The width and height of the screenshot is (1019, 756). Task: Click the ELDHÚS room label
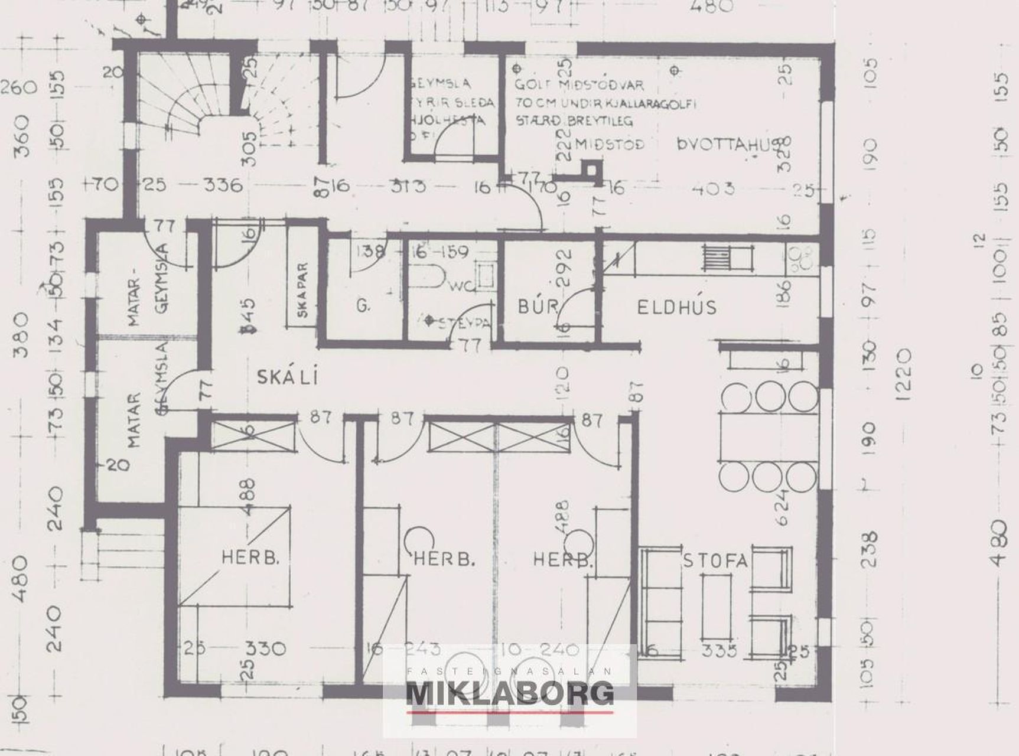point(676,307)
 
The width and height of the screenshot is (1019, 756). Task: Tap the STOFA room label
point(715,560)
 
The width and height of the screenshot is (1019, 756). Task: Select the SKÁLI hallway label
point(287,376)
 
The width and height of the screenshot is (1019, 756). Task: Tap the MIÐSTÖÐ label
point(609,144)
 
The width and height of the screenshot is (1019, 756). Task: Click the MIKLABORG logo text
point(510,693)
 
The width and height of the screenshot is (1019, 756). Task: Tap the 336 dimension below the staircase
point(223,185)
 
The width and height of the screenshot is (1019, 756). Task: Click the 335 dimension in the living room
point(720,651)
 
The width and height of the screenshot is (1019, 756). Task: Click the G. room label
point(363,306)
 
